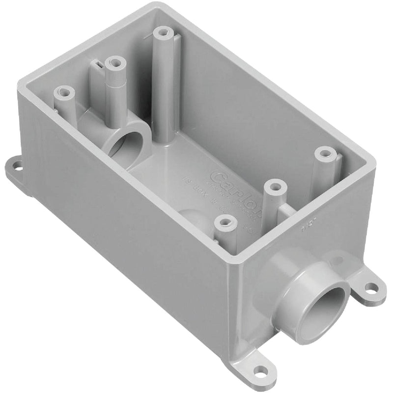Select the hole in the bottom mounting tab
click(260, 369)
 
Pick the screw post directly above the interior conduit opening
click(115, 63)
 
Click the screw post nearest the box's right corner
click(324, 153)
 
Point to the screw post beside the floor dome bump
click(225, 223)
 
